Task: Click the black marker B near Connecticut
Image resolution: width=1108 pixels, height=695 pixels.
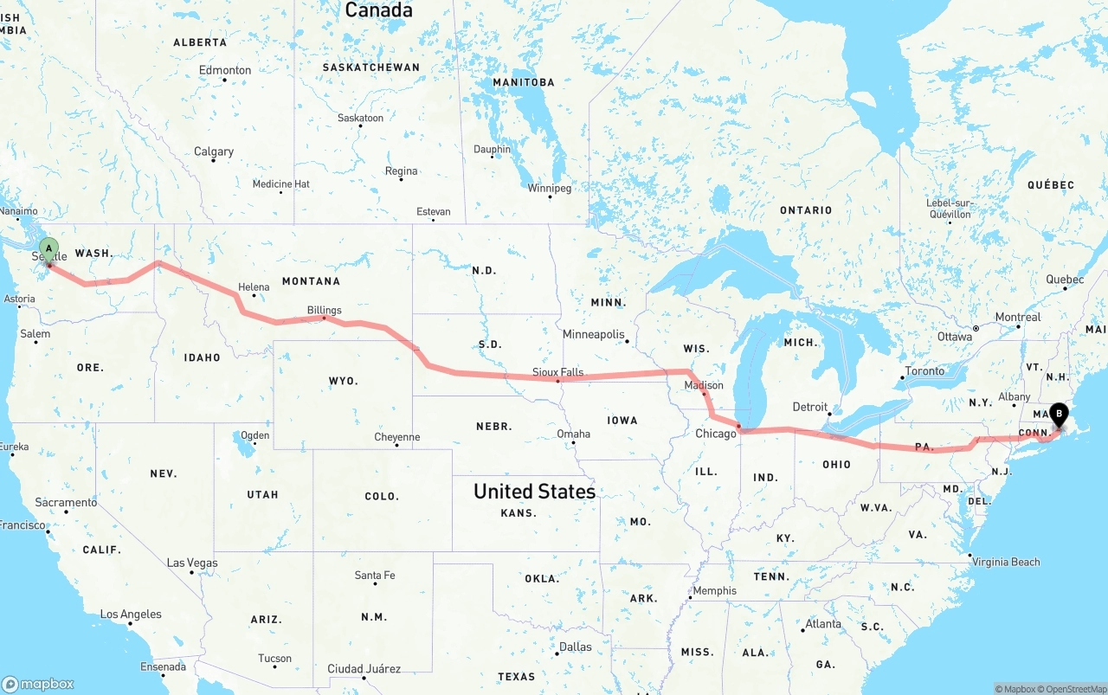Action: pos(1059,415)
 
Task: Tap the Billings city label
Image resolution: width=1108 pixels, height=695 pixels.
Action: pos(324,310)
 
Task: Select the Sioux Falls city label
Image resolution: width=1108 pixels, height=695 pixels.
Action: pos(557,372)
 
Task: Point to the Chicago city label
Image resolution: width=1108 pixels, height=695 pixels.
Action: pos(716,434)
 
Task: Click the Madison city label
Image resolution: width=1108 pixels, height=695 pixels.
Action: pos(704,385)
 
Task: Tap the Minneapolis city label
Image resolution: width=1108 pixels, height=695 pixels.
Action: pos(593,334)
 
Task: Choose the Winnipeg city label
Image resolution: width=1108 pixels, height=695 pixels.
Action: pos(550,188)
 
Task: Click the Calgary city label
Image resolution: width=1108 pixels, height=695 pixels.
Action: pos(213,151)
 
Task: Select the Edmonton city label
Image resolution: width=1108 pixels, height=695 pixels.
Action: pos(225,70)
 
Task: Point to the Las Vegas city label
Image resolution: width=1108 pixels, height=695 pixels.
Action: pos(191,563)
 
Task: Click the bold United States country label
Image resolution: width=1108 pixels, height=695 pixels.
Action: pos(534,492)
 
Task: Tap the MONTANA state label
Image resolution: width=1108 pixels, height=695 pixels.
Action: pos(311,281)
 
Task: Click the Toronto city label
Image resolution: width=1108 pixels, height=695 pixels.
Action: pos(924,370)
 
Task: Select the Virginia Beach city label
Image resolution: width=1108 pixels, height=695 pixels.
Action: pos(1005,562)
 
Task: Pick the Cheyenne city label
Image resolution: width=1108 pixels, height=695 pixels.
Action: pos(396,437)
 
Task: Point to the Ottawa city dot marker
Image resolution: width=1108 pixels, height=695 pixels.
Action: pos(976,329)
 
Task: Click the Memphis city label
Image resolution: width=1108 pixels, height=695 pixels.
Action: pos(714,591)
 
